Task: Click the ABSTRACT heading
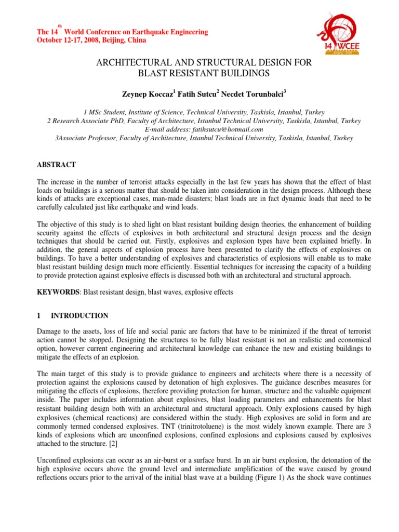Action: (x=56, y=165)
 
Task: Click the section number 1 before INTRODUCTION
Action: (x=38, y=315)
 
